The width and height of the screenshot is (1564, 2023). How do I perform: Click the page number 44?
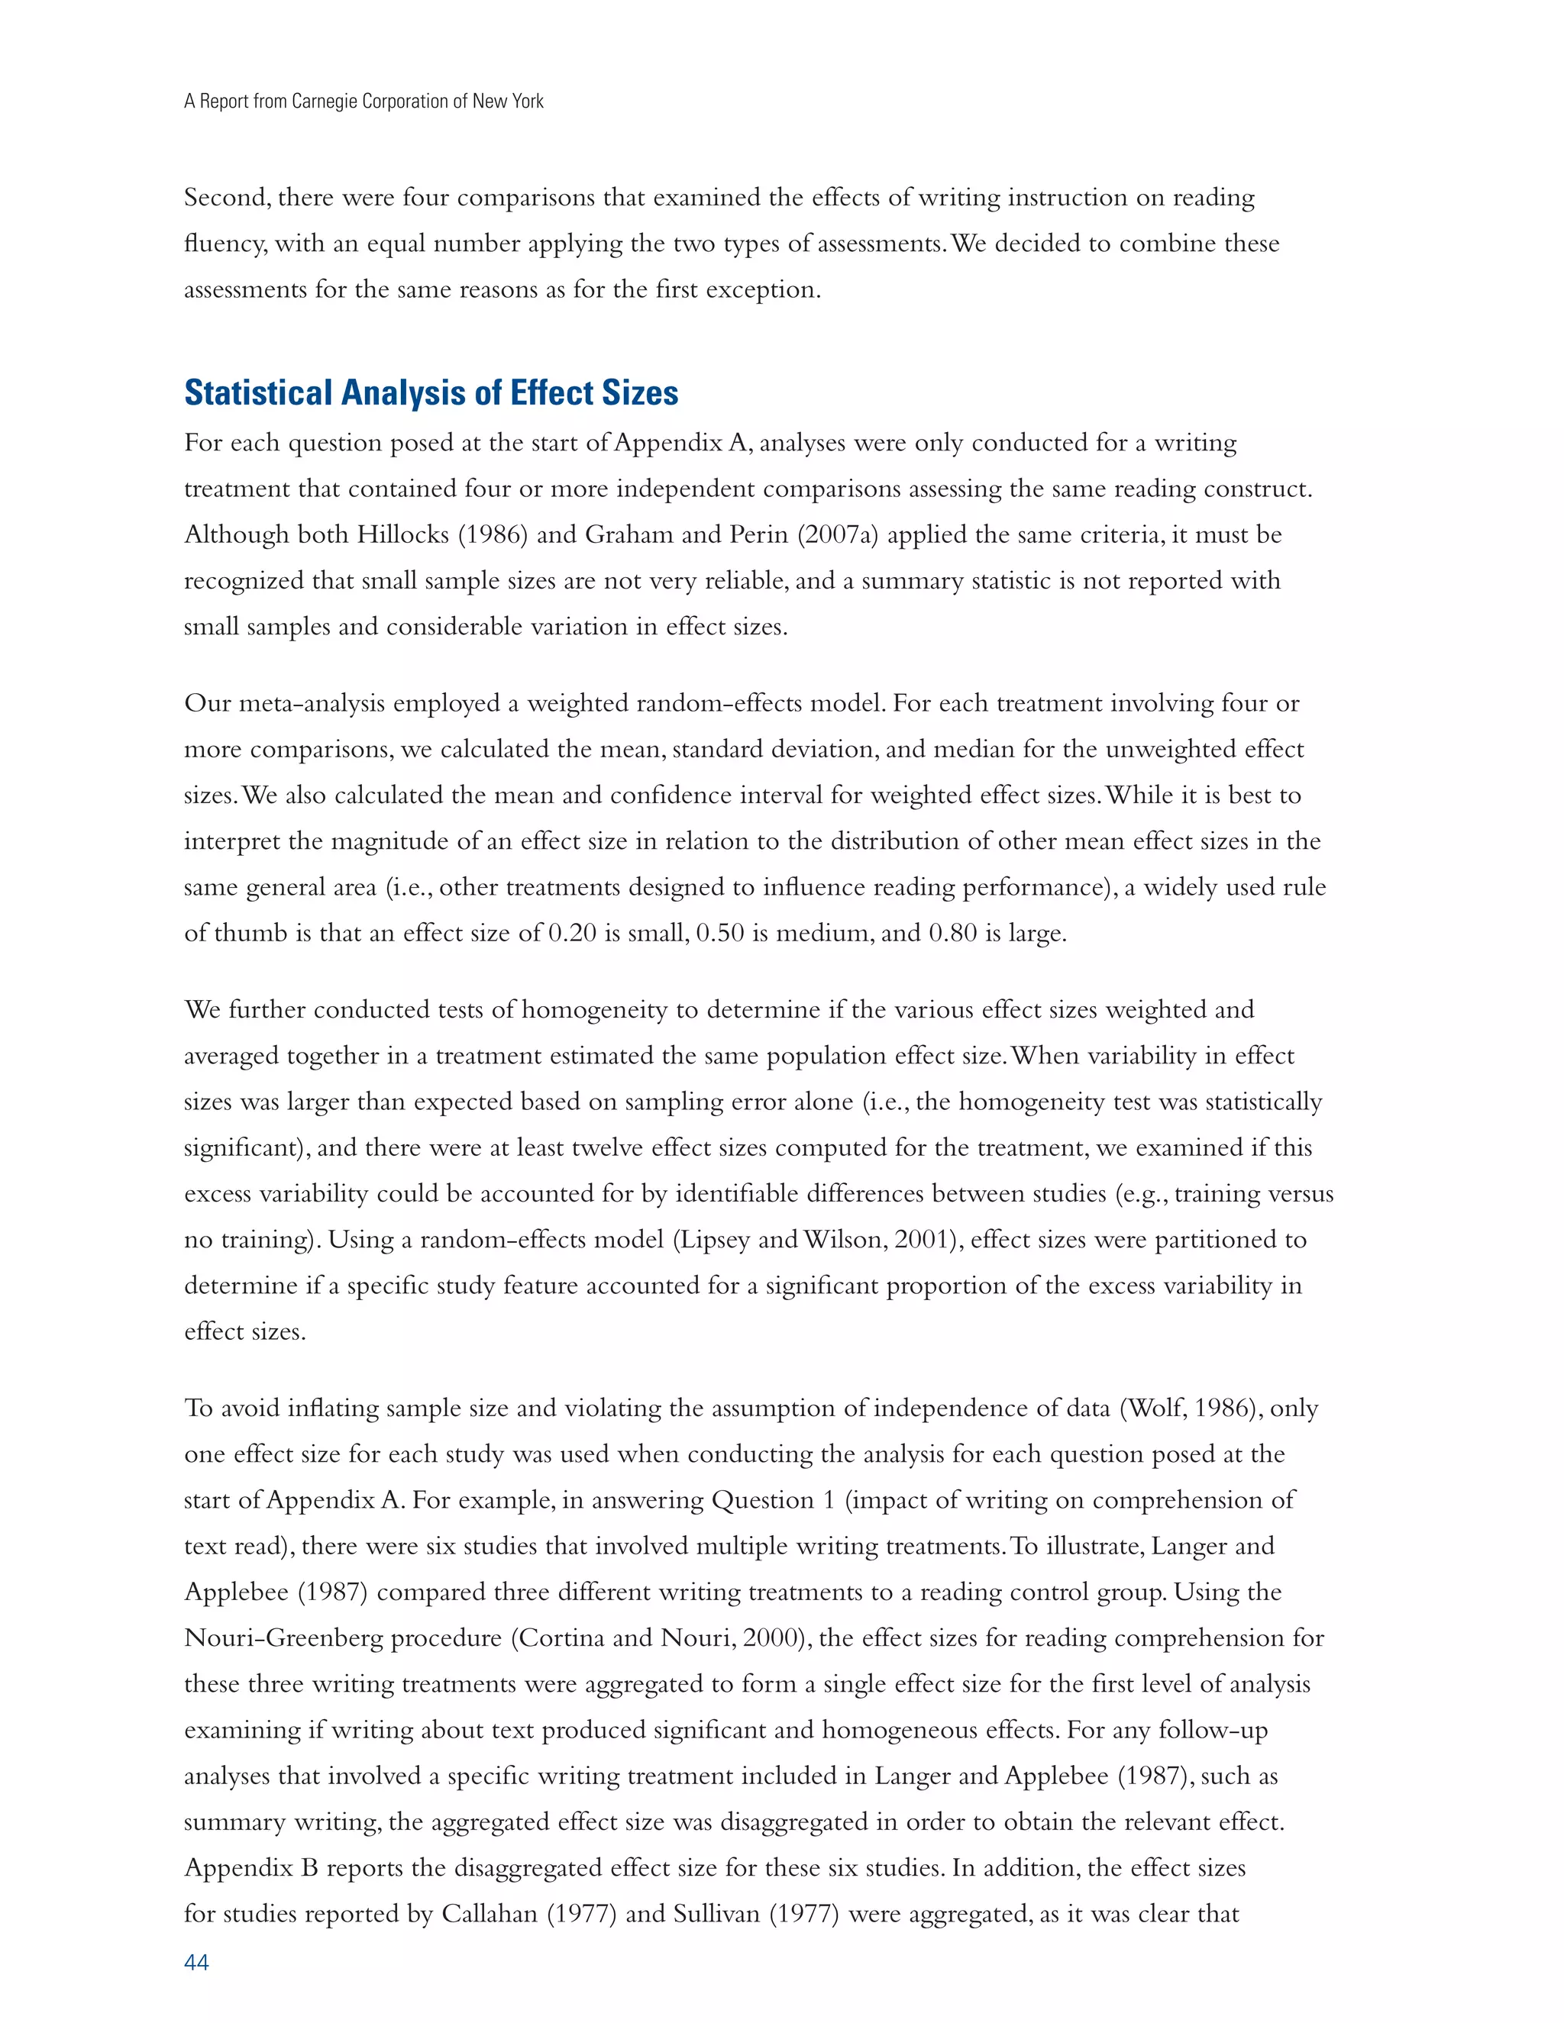point(196,1963)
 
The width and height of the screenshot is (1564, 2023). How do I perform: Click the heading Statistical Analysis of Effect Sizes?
point(431,392)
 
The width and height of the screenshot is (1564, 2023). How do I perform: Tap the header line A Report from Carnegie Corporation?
point(364,101)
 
